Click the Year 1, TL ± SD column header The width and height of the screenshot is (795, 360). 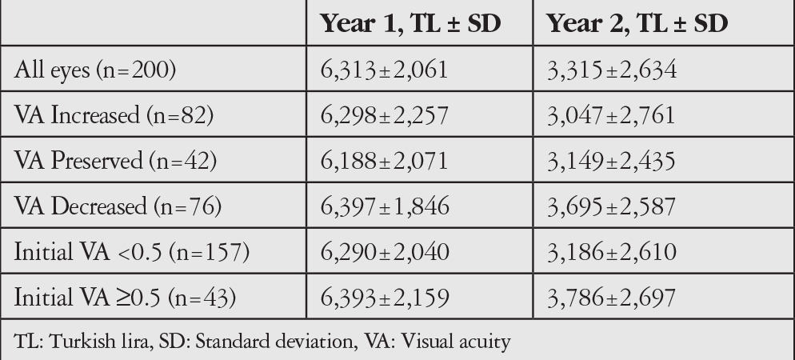point(410,23)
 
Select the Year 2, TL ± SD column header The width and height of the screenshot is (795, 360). point(637,23)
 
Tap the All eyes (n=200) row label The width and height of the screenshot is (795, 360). point(95,70)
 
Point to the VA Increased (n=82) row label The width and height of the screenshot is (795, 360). point(114,115)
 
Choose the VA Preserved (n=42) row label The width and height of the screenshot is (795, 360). point(116,161)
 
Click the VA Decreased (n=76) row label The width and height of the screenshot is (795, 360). point(118,206)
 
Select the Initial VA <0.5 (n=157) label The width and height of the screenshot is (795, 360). point(132,252)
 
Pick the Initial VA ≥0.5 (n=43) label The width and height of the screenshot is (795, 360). point(126,298)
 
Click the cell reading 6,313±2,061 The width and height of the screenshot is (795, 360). point(385,70)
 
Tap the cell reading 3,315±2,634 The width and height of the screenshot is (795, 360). point(612,70)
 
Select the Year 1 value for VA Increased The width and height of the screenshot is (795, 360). point(385,115)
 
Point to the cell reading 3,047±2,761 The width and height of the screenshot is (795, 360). point(611,115)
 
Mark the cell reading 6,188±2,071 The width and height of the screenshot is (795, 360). point(385,161)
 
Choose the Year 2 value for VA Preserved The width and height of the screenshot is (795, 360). point(611,161)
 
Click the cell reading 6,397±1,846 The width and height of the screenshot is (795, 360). point(385,206)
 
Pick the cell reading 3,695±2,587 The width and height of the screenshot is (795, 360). point(611,206)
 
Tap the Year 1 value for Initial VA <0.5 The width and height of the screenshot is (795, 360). point(385,252)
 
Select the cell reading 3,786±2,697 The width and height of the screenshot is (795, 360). point(611,298)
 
